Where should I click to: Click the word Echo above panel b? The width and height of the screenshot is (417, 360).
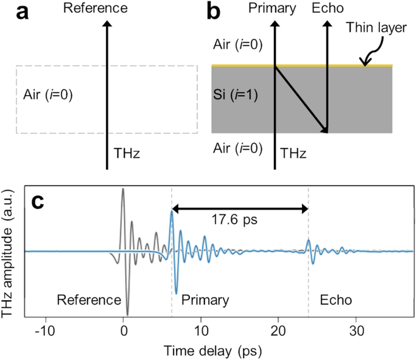tap(328, 9)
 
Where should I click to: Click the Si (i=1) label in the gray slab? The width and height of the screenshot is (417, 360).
tap(239, 96)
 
